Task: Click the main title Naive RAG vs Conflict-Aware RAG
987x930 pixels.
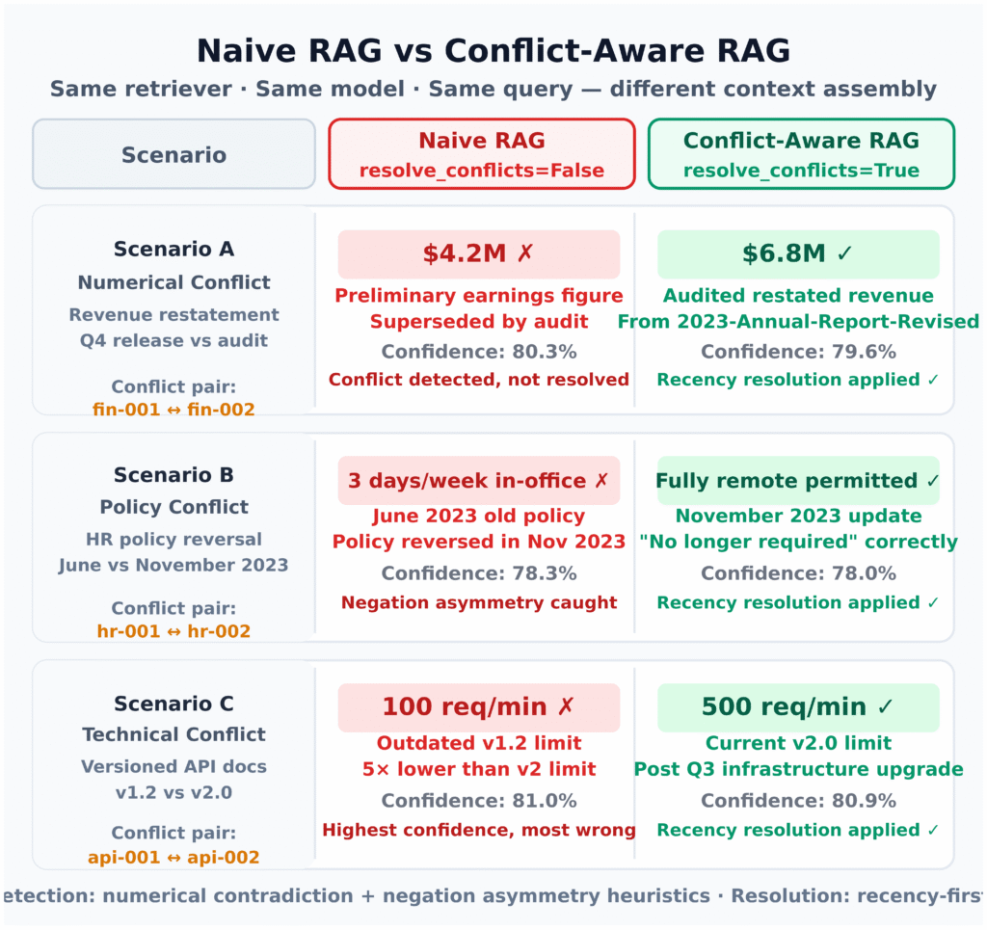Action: point(493,50)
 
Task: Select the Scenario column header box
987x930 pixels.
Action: point(173,154)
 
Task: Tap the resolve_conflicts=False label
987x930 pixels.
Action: point(482,171)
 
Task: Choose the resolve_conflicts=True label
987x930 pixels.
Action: point(801,171)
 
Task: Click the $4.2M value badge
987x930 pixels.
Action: point(479,254)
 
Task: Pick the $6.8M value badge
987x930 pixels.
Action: point(798,254)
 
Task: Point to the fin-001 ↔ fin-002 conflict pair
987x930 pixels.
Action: point(173,410)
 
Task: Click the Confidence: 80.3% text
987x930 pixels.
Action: point(479,352)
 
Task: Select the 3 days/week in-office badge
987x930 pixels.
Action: point(479,481)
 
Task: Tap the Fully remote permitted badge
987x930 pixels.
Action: point(798,481)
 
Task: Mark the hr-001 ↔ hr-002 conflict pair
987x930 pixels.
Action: point(173,631)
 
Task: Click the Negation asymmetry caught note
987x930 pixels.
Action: point(479,602)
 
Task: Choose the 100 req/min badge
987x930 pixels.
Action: point(479,707)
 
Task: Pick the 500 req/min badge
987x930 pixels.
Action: point(798,707)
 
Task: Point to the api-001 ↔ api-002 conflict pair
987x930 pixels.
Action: point(173,858)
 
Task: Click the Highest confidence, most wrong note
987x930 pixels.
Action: point(479,830)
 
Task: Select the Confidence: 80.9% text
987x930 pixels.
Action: point(798,801)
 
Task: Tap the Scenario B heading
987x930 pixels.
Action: point(173,475)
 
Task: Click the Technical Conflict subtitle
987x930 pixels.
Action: point(173,734)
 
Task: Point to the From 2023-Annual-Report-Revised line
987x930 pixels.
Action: point(798,322)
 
